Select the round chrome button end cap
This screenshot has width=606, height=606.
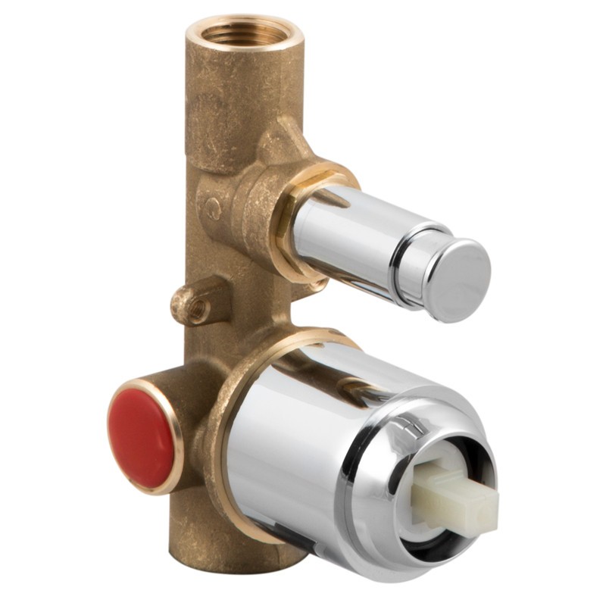456,277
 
